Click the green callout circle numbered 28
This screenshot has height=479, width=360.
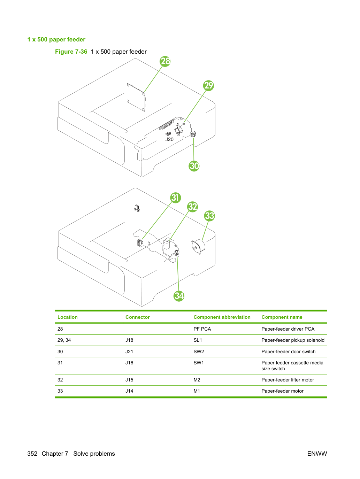click(x=165, y=61)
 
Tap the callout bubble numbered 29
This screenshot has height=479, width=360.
click(x=208, y=86)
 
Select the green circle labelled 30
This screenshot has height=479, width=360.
click(x=194, y=166)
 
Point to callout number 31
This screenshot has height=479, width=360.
click(x=175, y=198)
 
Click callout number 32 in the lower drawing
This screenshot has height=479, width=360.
click(x=192, y=207)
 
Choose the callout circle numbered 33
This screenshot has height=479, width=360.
click(x=209, y=216)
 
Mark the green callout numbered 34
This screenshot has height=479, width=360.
click(x=179, y=296)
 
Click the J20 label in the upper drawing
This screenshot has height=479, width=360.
click(x=169, y=139)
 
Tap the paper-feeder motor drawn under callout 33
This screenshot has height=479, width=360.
click(x=198, y=247)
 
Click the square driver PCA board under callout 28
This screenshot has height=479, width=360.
click(x=136, y=97)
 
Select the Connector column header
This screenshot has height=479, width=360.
click(x=137, y=317)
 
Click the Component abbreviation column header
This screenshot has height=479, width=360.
click(x=222, y=317)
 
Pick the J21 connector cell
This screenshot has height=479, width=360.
click(x=129, y=351)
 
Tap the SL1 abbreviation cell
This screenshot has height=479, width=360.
click(x=198, y=340)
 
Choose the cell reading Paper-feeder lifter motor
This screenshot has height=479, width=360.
click(x=288, y=380)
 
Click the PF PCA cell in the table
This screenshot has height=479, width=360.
click(x=202, y=329)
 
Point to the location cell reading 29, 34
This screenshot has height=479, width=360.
click(x=64, y=340)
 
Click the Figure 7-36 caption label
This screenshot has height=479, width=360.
click(x=71, y=52)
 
